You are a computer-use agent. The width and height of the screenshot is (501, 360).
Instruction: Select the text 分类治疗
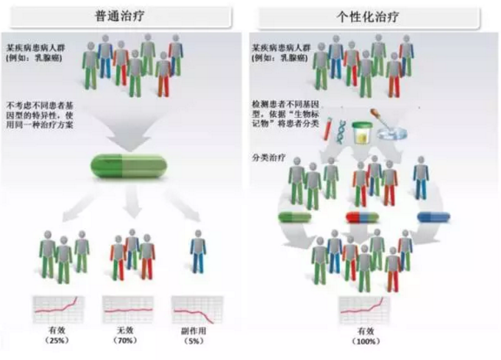coord(264,158)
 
